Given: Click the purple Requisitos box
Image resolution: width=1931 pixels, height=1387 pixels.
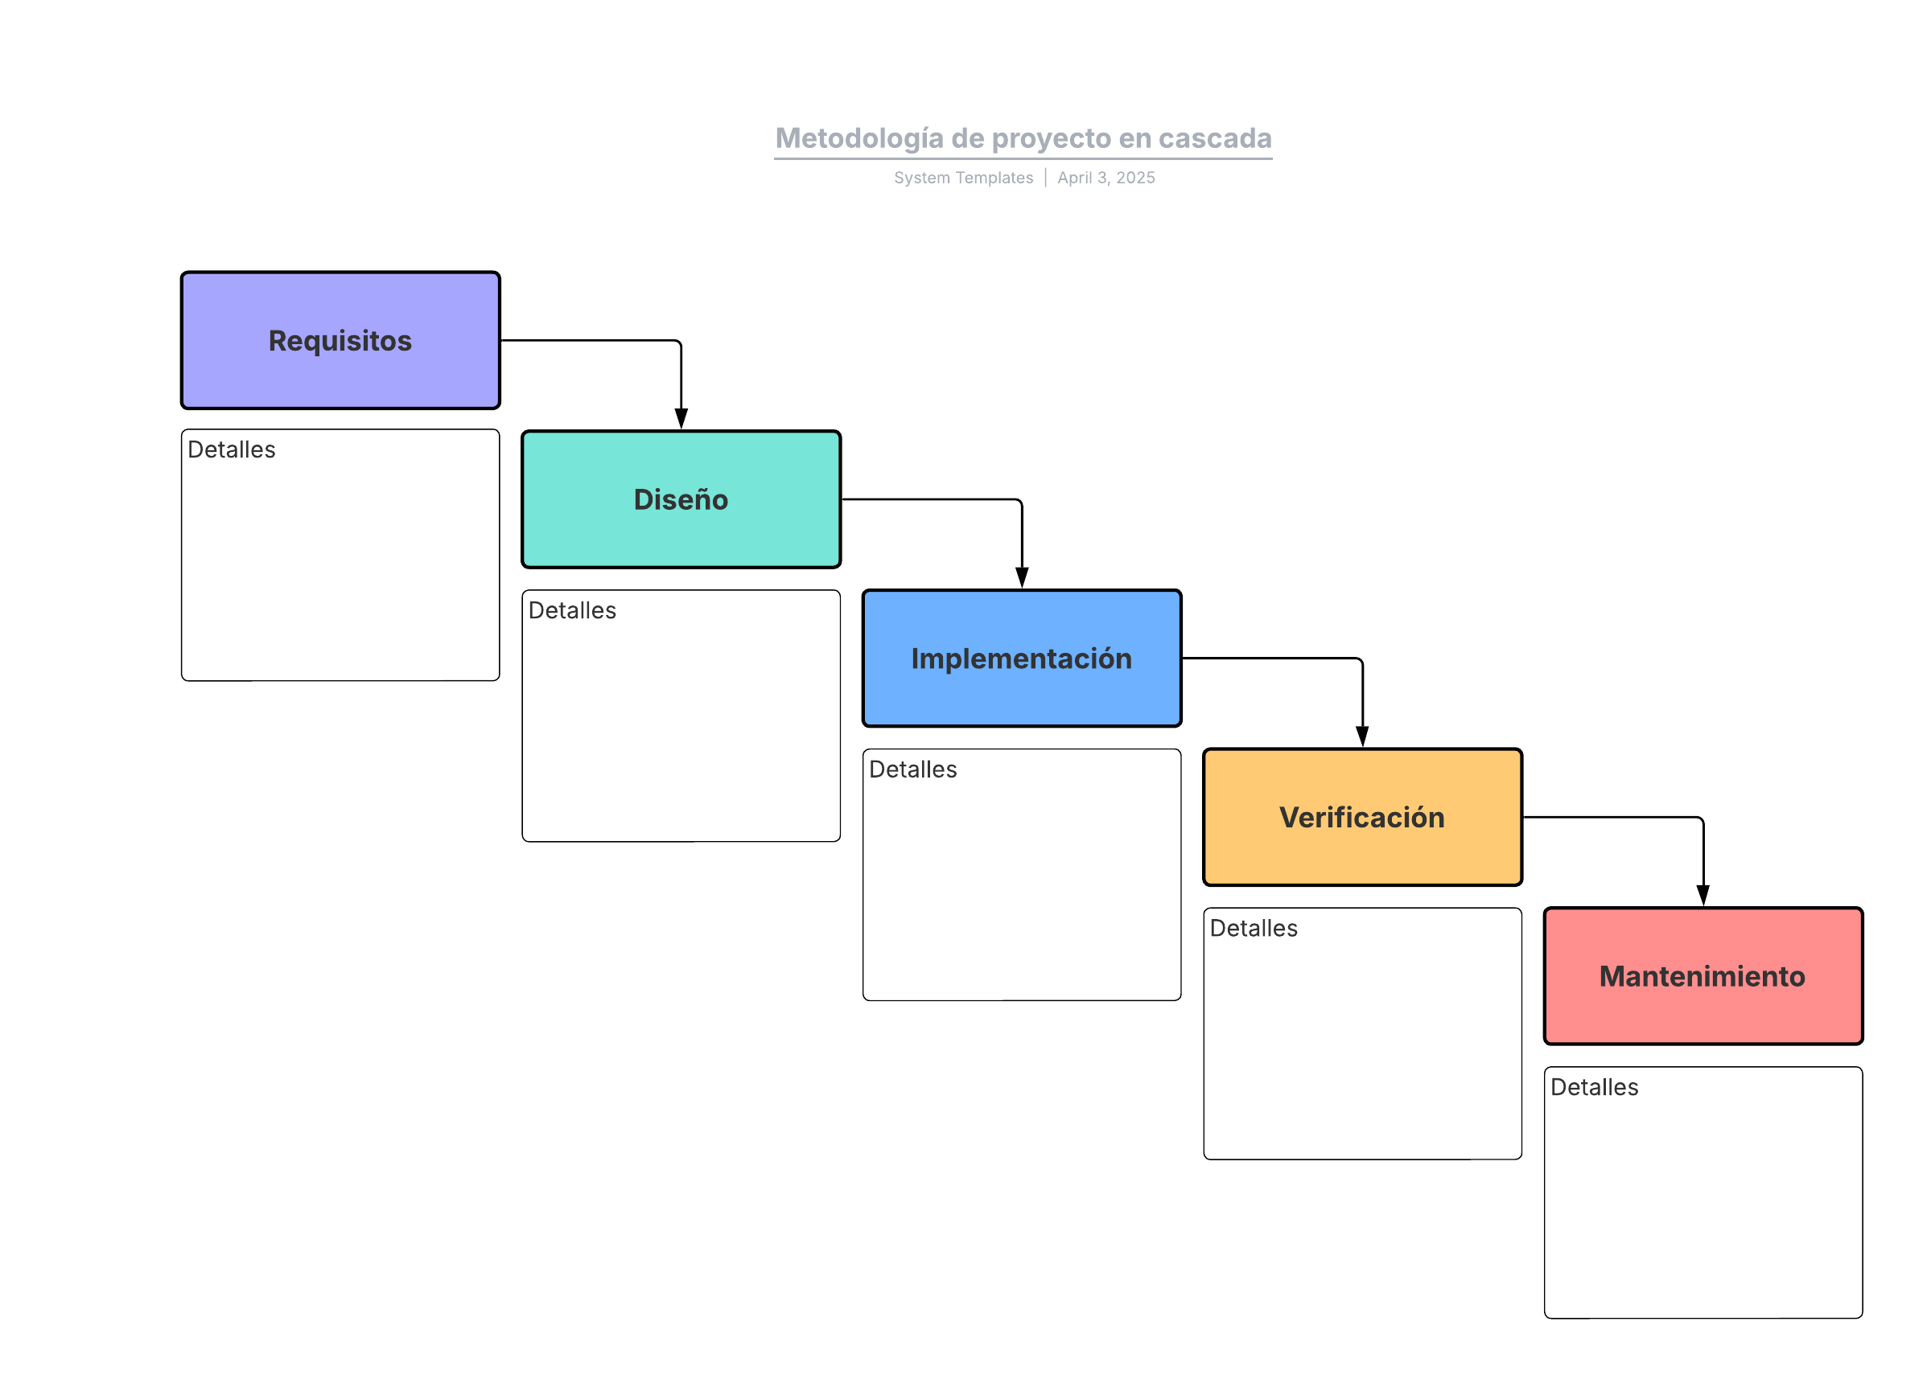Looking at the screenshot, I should pyautogui.click(x=340, y=340).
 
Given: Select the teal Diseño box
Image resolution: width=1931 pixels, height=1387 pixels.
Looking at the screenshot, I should pyautogui.click(x=681, y=499).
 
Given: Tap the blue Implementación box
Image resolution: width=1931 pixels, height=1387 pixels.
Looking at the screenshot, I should pyautogui.click(x=1022, y=659).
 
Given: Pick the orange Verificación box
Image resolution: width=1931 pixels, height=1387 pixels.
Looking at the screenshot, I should pyautogui.click(x=1362, y=818).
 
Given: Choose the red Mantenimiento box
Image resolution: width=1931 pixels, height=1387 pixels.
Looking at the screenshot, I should pyautogui.click(x=1702, y=976).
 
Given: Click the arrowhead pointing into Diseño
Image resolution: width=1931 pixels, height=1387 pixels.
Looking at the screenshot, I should pyautogui.click(x=681, y=419).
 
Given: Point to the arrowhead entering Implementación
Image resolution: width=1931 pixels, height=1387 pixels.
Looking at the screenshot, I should pyautogui.click(x=1022, y=578).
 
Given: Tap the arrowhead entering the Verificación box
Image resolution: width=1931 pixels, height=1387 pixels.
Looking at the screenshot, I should pyautogui.click(x=1362, y=737).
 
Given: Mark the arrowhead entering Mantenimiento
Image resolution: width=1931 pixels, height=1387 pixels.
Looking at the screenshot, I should pyautogui.click(x=1702, y=895).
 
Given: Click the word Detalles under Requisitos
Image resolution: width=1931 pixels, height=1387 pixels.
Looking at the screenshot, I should pyautogui.click(x=232, y=450).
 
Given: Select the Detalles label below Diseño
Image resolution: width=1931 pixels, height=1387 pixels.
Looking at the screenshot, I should pyautogui.click(x=572, y=611).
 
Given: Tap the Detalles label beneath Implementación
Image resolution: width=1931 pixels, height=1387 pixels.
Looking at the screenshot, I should pyautogui.click(x=912, y=770).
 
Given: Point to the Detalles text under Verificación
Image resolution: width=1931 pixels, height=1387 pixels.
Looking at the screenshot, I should pyautogui.click(x=1254, y=929).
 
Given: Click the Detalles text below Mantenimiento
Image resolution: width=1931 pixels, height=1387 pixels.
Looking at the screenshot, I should pyautogui.click(x=1594, y=1087).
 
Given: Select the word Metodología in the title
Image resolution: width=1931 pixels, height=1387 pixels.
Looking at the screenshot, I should pyautogui.click(x=859, y=137).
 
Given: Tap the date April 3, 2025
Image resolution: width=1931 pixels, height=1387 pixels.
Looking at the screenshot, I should pyautogui.click(x=1106, y=178).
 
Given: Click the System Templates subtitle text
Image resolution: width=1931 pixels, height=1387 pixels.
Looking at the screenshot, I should pyautogui.click(x=963, y=178).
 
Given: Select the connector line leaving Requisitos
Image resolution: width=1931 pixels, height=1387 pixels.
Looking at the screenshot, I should pyautogui.click(x=587, y=340).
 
